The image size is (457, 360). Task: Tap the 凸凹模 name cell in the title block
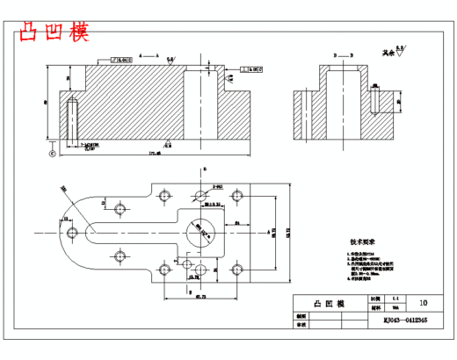(329, 303)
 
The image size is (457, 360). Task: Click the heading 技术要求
(362, 241)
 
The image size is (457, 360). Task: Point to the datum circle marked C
(52, 154)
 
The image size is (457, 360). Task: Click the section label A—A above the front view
(155, 54)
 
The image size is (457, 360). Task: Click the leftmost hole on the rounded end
(70, 232)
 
